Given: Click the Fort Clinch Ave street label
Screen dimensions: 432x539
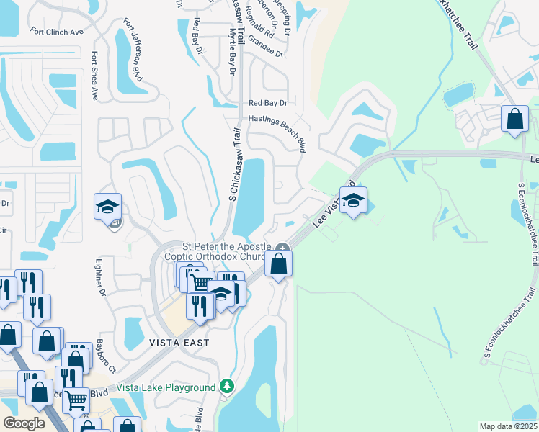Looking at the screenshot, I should click(57, 32).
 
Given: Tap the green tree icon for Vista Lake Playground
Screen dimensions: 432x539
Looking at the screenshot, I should click(228, 387).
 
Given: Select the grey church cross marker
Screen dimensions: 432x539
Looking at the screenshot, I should click(282, 248).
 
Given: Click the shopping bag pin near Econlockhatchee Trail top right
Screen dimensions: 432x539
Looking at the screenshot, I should click(515, 119).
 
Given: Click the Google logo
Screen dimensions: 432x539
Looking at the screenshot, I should click(24, 423).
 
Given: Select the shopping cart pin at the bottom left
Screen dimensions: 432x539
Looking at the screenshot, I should click(76, 400).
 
